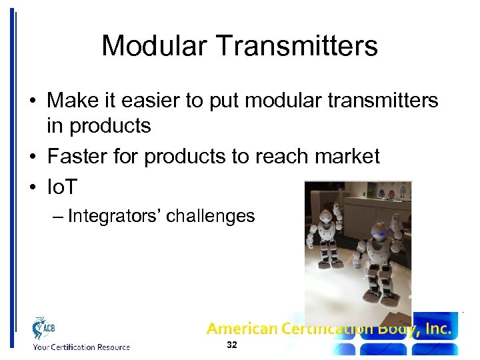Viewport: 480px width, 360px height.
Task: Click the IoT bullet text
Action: pos(62,187)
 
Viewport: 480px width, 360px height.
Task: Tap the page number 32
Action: pos(232,345)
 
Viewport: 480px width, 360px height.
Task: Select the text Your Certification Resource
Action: pos(81,347)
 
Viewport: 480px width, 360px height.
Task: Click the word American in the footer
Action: pos(241,328)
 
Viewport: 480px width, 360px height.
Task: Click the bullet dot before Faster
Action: pos(32,157)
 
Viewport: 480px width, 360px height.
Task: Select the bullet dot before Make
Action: pos(32,101)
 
